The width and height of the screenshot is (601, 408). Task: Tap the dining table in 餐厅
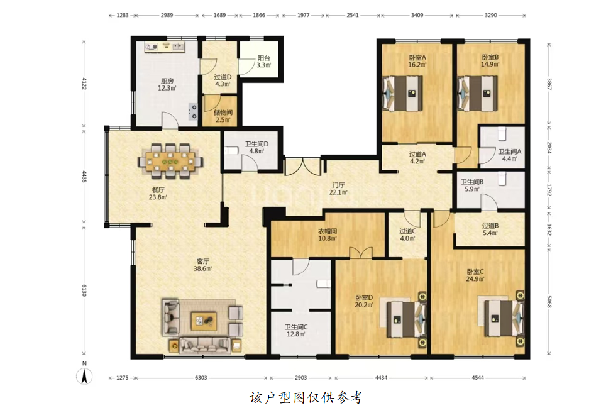tap(171, 161)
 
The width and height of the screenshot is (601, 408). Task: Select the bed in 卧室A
tap(402, 93)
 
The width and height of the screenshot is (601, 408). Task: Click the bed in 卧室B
tap(478, 93)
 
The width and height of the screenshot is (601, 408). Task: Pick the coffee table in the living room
tap(204, 321)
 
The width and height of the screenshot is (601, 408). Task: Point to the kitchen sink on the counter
tap(177, 47)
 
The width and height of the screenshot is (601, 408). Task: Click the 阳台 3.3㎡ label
tap(263, 62)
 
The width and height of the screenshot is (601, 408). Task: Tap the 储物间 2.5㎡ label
tap(223, 116)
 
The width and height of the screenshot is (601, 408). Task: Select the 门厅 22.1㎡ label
tap(338, 189)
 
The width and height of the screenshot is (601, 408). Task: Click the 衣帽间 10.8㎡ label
tap(328, 234)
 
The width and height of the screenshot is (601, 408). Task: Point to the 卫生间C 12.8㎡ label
tap(296, 331)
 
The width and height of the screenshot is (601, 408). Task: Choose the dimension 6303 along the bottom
tap(201, 378)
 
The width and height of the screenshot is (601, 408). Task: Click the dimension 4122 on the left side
tap(84, 84)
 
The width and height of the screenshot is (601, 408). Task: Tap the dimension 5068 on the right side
tap(549, 301)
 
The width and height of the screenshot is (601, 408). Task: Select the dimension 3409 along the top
tap(417, 15)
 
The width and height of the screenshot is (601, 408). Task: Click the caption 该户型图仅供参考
tap(307, 398)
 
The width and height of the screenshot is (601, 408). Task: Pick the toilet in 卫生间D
tap(231, 150)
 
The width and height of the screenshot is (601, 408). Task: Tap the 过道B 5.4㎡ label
tap(490, 229)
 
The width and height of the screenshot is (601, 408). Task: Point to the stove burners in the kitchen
tap(192, 111)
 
